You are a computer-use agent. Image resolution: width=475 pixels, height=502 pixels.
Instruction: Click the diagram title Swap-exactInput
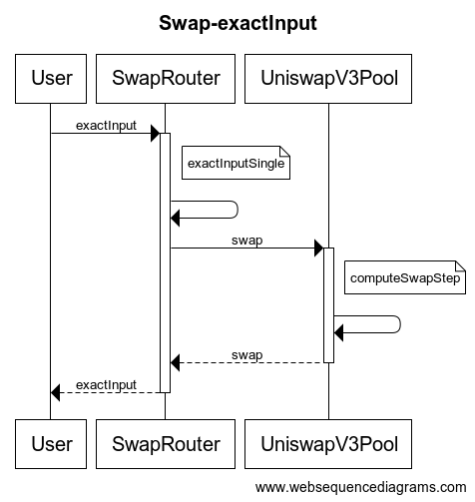(x=237, y=23)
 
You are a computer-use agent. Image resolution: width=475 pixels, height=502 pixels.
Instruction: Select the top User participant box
(x=51, y=79)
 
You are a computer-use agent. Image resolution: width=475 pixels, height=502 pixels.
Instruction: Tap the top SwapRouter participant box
(x=166, y=79)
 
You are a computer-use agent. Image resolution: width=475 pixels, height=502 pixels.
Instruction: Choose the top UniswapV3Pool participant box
(x=328, y=79)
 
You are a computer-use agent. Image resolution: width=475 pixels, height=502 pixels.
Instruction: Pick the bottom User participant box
(x=51, y=444)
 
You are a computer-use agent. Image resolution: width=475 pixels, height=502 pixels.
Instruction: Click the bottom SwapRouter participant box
(x=166, y=444)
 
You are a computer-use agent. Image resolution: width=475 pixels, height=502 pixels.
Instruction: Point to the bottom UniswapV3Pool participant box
(x=328, y=444)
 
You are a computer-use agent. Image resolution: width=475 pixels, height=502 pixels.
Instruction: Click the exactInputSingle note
(x=236, y=163)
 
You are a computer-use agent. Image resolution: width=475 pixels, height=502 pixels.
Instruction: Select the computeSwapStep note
(x=405, y=277)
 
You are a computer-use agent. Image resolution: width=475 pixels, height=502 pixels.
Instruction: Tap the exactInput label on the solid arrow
(x=106, y=126)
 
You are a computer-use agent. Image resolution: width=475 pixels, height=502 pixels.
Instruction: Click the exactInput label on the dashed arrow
(x=106, y=385)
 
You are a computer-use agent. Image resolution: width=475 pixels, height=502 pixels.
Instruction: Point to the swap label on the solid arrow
(x=247, y=241)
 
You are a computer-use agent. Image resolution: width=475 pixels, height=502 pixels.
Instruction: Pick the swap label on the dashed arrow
(x=247, y=355)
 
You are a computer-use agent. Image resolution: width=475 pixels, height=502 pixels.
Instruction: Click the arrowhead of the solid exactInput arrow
(x=156, y=134)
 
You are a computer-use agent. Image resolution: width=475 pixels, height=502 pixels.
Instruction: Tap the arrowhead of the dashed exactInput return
(x=55, y=392)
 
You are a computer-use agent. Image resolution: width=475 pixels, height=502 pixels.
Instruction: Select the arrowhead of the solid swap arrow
(x=318, y=248)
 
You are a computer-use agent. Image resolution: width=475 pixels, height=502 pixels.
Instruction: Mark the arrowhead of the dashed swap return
(x=175, y=362)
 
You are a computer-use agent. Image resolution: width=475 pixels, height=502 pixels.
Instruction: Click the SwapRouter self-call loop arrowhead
(x=175, y=218)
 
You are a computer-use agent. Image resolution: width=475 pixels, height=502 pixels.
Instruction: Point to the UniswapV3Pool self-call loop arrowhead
(x=338, y=332)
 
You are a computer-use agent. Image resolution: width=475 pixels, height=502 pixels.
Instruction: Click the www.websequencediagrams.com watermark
(x=360, y=487)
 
